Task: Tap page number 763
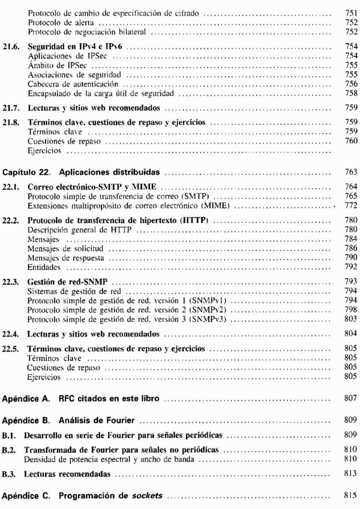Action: [351, 172]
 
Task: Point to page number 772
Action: [351, 206]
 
